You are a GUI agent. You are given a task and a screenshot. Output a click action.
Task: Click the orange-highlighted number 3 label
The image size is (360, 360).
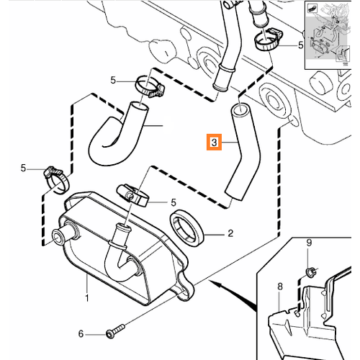coord(214,143)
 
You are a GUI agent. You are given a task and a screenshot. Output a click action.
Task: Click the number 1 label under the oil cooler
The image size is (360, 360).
coord(87,298)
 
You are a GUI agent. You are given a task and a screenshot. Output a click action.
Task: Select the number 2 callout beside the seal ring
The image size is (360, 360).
coord(230,233)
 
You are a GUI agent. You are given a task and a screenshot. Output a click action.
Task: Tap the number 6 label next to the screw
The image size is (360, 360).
coord(81,334)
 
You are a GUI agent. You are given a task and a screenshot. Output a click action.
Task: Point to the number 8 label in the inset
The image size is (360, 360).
coord(280,287)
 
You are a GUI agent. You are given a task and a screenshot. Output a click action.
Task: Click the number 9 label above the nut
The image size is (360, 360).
coord(309,243)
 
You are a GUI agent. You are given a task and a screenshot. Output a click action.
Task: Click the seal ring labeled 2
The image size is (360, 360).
coord(187,228)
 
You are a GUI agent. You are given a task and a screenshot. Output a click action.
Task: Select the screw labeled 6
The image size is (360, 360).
coord(115,330)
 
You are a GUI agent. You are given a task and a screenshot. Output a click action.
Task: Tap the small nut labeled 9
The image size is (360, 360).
coord(310,272)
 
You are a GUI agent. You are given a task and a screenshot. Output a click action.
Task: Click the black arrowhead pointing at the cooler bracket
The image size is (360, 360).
coord(215,284)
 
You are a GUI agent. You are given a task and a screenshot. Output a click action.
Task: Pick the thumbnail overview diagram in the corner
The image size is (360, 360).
coord(328,35)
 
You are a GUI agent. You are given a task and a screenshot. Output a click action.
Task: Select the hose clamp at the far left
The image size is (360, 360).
coord(56,181)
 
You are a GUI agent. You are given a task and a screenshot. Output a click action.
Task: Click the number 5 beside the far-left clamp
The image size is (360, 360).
coord(23,168)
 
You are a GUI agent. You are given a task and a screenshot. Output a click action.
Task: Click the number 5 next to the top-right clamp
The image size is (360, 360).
coord(300,45)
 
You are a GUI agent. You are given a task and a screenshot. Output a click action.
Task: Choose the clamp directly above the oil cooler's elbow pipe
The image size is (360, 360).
coord(132,195)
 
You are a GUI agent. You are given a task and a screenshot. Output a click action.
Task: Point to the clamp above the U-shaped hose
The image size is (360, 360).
coord(149,86)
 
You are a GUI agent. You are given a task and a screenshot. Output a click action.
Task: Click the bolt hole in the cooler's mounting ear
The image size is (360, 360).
coord(185,292)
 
